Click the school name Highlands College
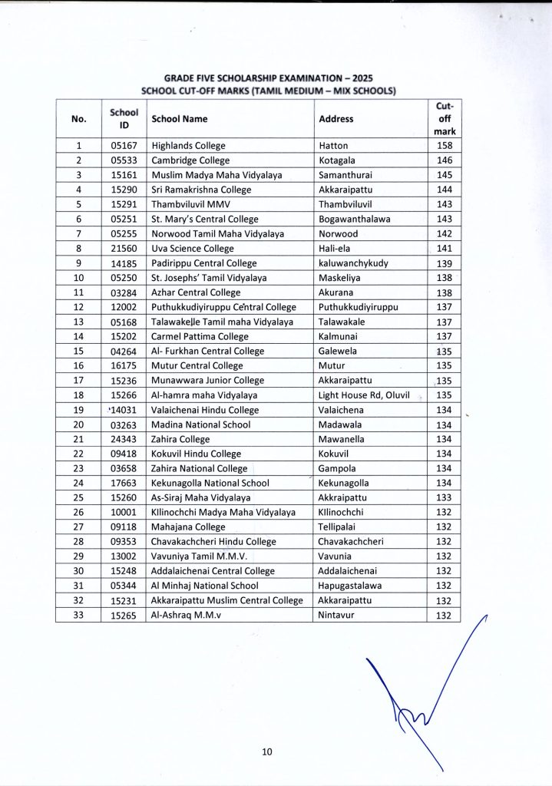tap(187, 145)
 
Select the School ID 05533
tap(124, 160)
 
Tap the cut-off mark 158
tap(445, 145)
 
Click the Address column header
tap(335, 119)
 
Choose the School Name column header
tap(180, 119)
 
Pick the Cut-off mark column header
tap(445, 119)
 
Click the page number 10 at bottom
tap(266, 751)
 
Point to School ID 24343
tap(124, 439)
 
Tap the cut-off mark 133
tap(445, 497)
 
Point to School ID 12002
tap(124, 307)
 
